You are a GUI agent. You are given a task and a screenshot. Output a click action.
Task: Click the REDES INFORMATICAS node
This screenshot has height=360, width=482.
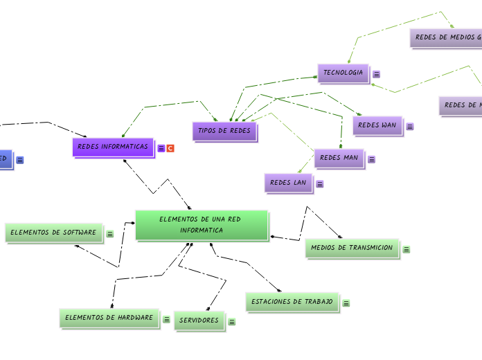(x=113, y=147)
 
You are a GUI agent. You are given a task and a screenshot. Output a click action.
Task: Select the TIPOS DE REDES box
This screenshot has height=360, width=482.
(x=224, y=130)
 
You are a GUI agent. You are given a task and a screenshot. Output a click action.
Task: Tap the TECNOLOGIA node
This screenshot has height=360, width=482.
(x=343, y=73)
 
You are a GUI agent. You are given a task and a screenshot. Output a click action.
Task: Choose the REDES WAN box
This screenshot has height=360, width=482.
(x=377, y=125)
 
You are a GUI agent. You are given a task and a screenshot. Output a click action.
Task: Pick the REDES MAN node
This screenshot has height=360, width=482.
(x=339, y=158)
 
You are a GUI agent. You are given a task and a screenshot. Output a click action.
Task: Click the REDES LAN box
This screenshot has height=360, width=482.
(x=288, y=183)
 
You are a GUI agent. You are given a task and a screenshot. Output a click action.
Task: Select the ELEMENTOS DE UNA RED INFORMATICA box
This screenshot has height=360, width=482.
(x=202, y=224)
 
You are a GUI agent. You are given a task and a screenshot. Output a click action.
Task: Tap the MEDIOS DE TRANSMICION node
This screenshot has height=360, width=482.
(x=352, y=248)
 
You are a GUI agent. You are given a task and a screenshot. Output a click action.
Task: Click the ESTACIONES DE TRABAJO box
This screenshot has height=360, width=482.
(x=292, y=302)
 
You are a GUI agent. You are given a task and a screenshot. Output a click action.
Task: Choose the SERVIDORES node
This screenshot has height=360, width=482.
(x=199, y=321)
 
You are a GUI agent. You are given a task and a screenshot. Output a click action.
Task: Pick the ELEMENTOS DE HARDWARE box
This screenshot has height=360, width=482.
(x=109, y=318)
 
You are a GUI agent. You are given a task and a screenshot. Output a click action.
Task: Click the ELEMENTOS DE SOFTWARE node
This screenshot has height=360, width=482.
(x=54, y=233)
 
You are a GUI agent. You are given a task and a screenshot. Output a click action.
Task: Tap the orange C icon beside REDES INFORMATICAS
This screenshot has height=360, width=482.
(x=170, y=148)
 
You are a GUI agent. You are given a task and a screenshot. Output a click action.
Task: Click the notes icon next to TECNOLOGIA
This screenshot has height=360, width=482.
(x=377, y=74)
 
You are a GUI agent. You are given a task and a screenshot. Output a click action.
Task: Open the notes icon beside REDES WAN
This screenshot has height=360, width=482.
(x=410, y=127)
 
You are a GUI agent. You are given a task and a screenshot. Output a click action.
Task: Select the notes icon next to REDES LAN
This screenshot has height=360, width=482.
(x=320, y=184)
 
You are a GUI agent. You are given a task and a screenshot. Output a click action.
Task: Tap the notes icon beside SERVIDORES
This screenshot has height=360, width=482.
(x=232, y=322)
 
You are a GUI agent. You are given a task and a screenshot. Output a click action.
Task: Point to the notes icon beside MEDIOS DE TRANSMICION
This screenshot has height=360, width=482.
(x=407, y=249)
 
